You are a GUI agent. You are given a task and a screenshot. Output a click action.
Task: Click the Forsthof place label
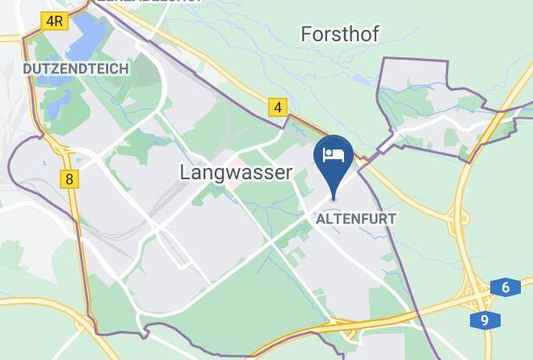[x=339, y=34]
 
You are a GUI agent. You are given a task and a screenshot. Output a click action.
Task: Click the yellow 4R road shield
[x=55, y=21]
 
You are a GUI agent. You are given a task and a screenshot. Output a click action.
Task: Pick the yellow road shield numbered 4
[x=279, y=107]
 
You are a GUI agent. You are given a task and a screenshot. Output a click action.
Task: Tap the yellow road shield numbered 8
[x=70, y=179]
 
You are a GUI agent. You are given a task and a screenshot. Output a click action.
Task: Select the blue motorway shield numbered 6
[x=505, y=287]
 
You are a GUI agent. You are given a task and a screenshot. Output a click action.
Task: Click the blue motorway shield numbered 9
[x=484, y=320]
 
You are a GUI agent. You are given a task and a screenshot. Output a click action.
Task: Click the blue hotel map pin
[x=334, y=158]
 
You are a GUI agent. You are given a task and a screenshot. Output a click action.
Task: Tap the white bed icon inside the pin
[x=334, y=153]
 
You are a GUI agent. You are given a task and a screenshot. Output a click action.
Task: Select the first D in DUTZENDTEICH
[x=27, y=69]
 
